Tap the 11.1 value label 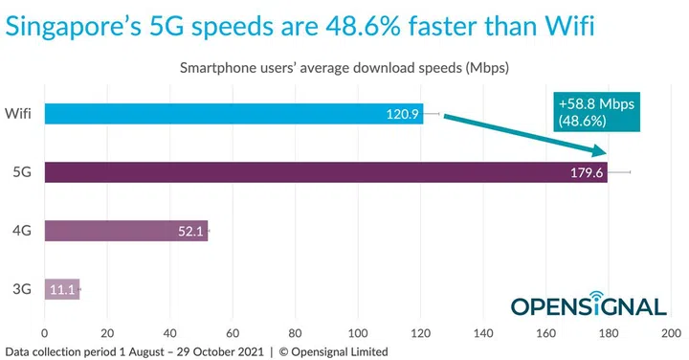62,288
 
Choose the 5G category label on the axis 21,173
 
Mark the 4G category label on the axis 21,231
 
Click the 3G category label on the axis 21,288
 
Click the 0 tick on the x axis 44,333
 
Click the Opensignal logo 588,304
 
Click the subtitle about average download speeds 344,68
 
